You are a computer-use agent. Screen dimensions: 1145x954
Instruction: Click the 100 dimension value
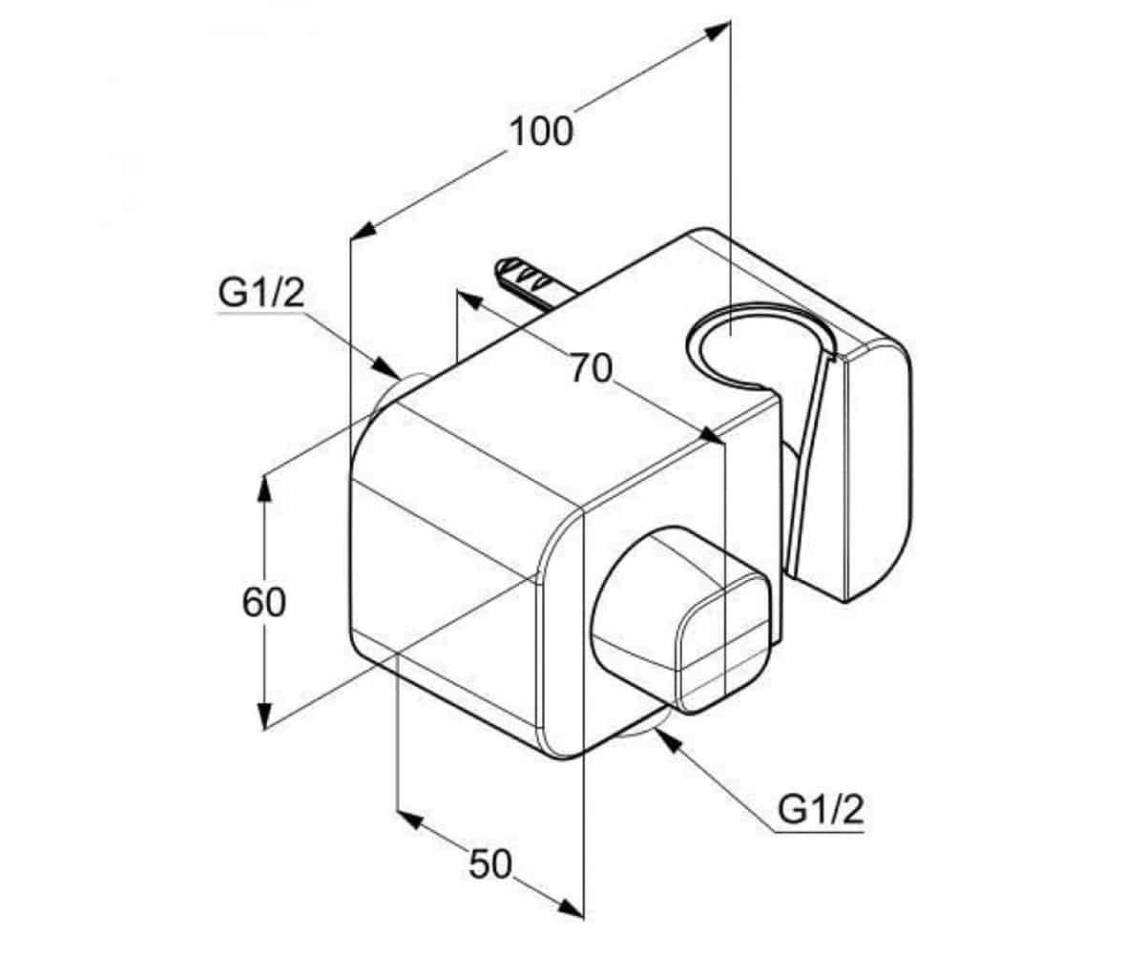tap(541, 132)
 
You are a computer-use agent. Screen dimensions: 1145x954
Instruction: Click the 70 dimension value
tap(591, 368)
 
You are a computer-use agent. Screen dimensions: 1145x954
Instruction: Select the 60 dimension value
tap(263, 602)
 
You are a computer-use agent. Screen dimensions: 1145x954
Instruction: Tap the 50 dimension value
tap(489, 864)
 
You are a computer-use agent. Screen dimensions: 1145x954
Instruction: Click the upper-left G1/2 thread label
tap(261, 293)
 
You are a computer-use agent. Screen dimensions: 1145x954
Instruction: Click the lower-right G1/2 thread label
tap(821, 809)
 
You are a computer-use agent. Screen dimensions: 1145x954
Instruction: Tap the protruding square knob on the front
tap(681, 619)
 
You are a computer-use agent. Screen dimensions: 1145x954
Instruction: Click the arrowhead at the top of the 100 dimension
tap(718, 31)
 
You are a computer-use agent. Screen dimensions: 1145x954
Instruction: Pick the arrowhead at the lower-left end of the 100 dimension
tap(363, 230)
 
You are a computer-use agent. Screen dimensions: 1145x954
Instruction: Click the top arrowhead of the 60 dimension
tap(264, 488)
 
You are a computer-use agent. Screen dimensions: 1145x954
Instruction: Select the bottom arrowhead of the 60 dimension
tap(264, 716)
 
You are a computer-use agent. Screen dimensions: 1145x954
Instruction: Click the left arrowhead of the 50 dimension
tap(409, 820)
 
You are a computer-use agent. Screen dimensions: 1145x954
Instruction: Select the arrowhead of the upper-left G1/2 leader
tap(387, 367)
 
